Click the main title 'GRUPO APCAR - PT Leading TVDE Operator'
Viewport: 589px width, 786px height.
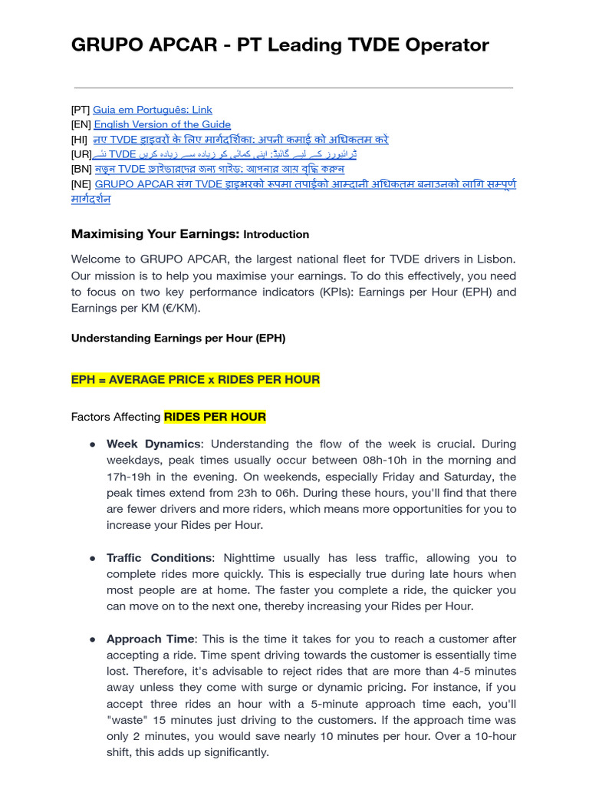coord(280,45)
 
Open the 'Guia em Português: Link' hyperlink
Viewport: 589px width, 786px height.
coord(152,110)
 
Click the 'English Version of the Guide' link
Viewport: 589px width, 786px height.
coord(162,124)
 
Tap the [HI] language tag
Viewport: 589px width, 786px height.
coord(79,139)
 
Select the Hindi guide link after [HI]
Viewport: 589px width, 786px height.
coord(241,139)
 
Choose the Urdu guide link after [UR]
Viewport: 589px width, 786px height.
coord(230,154)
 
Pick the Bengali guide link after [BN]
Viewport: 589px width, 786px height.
coord(219,169)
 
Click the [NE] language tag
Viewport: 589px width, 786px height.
coord(81,184)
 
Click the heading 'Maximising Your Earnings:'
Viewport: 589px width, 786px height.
coord(156,234)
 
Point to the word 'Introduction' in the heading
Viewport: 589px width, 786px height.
coord(276,235)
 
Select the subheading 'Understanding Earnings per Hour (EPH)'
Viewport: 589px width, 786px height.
coord(178,338)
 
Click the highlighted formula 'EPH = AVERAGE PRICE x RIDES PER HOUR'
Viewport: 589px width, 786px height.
coord(196,380)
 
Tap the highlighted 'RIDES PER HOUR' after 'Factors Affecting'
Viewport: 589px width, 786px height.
coord(215,417)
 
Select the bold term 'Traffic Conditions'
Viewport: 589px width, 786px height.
coord(159,558)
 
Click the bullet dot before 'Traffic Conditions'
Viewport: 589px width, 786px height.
coord(92,558)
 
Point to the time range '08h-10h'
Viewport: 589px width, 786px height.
coord(429,461)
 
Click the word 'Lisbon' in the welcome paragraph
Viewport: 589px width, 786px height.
coord(497,259)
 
